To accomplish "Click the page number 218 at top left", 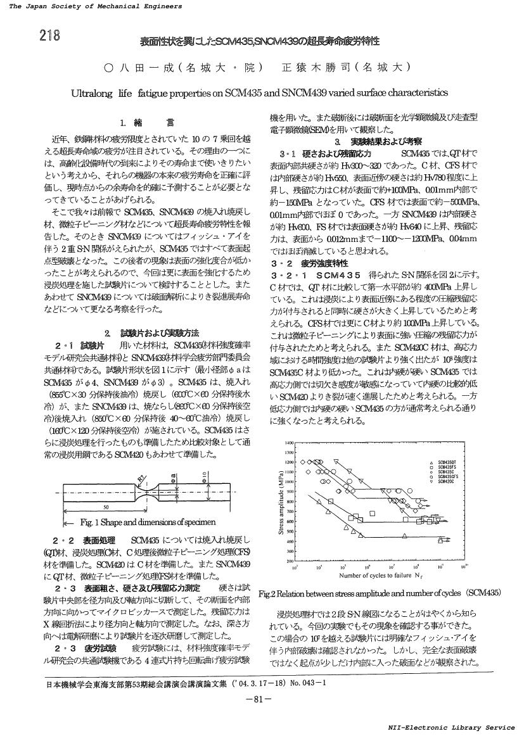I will (49, 35).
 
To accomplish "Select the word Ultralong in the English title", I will (93, 92).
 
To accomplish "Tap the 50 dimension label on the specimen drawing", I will (105, 507).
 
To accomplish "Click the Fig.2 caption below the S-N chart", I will (380, 593).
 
